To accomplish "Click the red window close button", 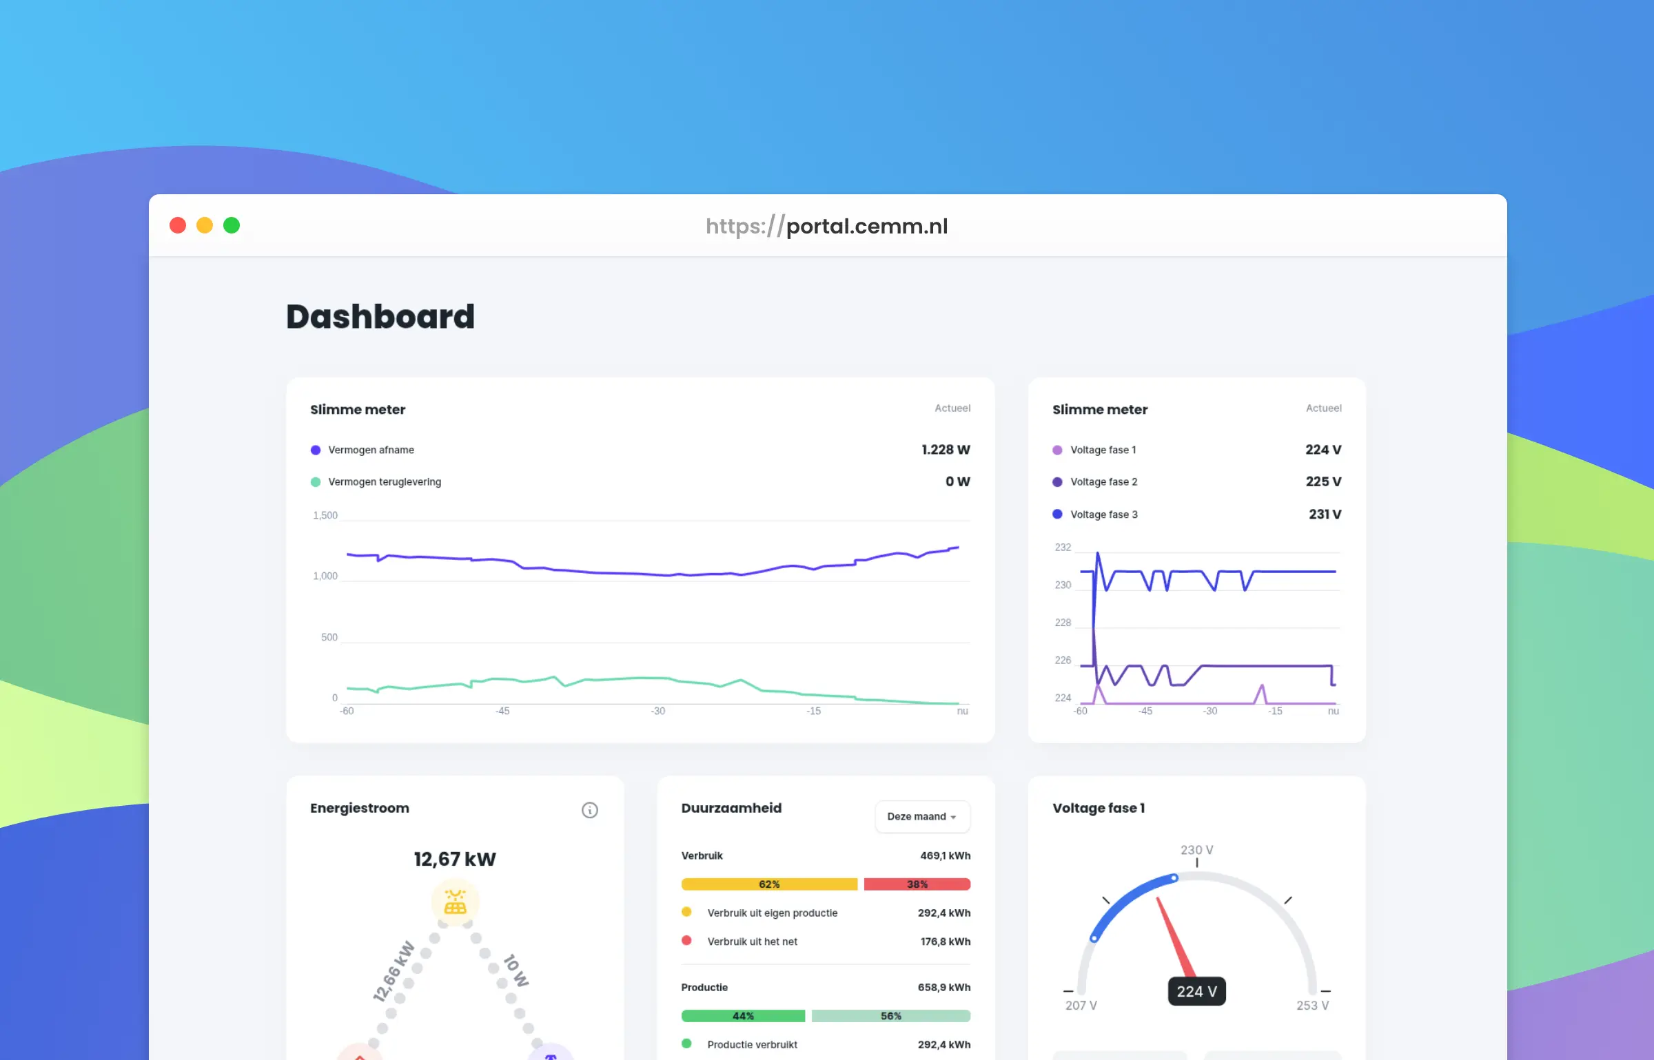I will coord(178,225).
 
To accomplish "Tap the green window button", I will coord(232,225).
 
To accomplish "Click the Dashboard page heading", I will coord(380,317).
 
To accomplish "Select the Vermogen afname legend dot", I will coord(316,450).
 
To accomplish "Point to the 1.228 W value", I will coord(946,450).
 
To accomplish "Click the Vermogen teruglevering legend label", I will coord(385,482).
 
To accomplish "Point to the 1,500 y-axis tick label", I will coord(325,515).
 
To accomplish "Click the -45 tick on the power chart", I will coord(502,711).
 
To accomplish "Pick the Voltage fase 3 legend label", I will coord(1103,515).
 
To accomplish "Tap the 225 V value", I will coord(1323,481).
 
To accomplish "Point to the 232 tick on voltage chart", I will coord(1063,548).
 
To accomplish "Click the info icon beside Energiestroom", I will coord(590,810).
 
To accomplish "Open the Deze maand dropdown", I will coord(922,816).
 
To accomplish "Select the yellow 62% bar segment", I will coord(769,884).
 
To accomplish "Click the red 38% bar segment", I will coord(917,884).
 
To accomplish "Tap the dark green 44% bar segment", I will coord(743,1016).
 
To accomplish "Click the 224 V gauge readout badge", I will coord(1196,991).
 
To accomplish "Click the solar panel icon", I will coord(455,902).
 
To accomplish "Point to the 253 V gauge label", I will coord(1312,1006).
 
